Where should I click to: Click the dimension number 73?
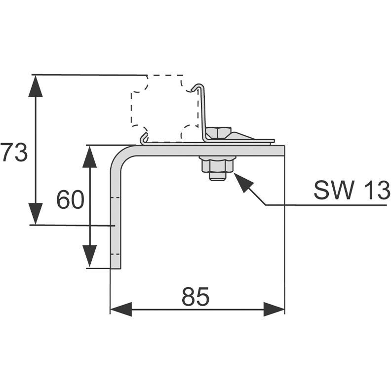click(14, 153)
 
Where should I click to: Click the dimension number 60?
click(71, 200)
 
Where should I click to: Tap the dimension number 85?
click(195, 297)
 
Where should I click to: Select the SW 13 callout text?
click(352, 191)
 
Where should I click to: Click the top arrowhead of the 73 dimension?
click(35, 86)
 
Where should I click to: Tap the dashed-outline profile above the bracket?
click(163, 109)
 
